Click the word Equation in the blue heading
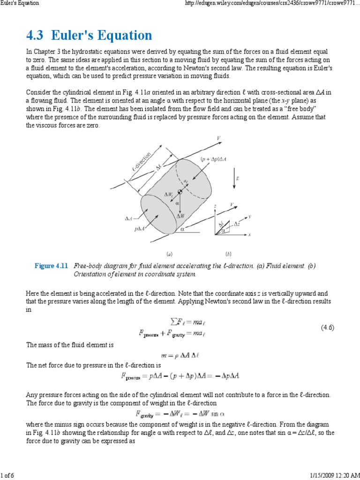tap(123, 36)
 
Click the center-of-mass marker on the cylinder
tap(180, 193)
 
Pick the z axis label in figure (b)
tap(215, 206)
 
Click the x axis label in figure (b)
tap(250, 234)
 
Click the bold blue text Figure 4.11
tap(52, 266)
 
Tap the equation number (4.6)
tap(327, 327)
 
